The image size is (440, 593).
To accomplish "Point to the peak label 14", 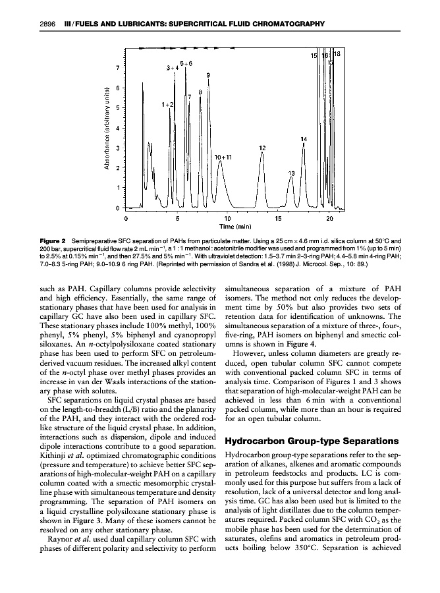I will click(x=304, y=139).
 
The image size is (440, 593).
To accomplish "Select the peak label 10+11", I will click(x=224, y=157).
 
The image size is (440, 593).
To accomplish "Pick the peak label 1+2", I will click(x=167, y=104).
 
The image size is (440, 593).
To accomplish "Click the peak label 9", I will click(x=208, y=75).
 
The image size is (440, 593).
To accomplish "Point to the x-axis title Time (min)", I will click(x=227, y=226).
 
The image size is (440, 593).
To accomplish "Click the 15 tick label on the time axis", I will click(x=279, y=218).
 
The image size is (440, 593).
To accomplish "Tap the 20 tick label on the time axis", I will click(x=330, y=218).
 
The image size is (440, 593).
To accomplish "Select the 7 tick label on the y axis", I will click(x=118, y=67).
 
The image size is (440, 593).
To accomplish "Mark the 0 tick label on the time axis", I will click(x=125, y=218).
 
